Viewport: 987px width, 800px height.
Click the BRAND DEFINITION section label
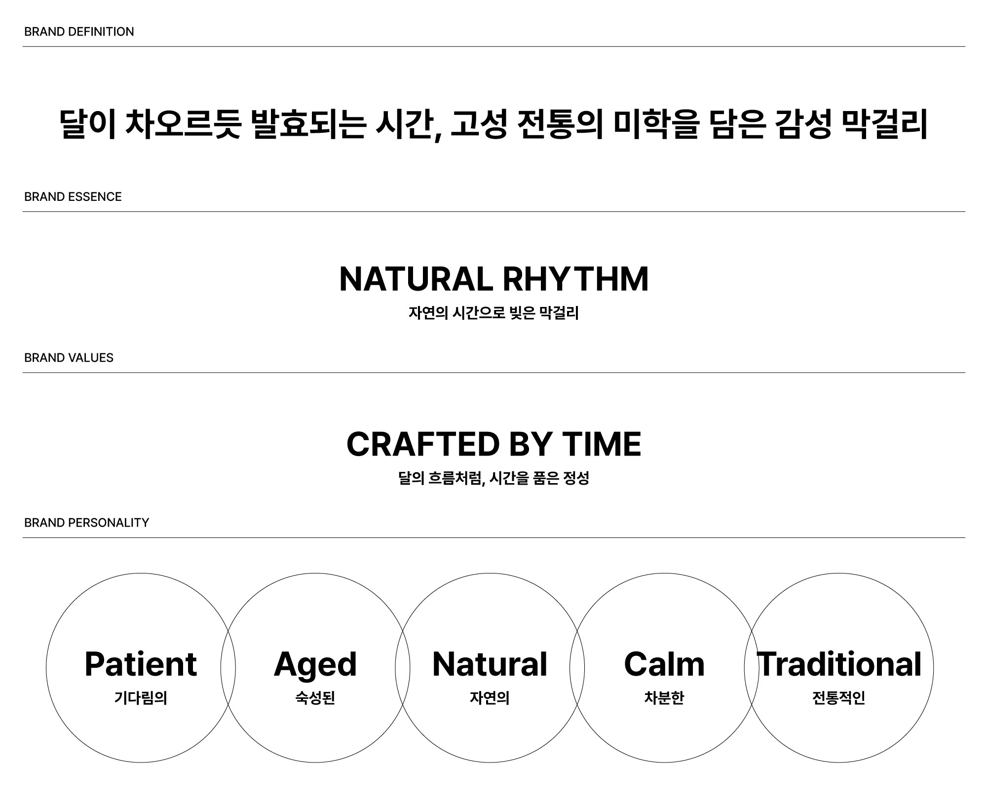(x=79, y=32)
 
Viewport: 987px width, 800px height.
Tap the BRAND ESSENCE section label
(x=73, y=196)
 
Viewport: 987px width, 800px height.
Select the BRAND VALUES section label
(x=69, y=358)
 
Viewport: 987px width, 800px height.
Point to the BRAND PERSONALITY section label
(x=86, y=523)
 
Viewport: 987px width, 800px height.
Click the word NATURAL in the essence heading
(x=416, y=279)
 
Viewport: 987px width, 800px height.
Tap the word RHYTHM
(x=575, y=279)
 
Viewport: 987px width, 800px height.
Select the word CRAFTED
(x=423, y=444)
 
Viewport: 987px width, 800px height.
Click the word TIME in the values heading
(x=602, y=444)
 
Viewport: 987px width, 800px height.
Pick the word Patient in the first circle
(x=141, y=664)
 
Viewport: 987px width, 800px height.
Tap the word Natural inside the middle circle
(x=490, y=664)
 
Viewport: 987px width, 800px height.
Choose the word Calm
(x=664, y=664)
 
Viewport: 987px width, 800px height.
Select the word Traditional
(x=839, y=664)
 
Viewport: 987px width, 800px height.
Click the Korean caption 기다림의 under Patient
(x=141, y=698)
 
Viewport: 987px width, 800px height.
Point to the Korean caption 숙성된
(x=315, y=698)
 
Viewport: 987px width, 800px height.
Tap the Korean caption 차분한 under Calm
(x=664, y=698)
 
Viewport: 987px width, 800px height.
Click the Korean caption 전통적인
(x=839, y=698)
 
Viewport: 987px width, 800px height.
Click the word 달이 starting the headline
(x=88, y=124)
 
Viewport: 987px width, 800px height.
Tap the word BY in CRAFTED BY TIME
(x=531, y=444)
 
